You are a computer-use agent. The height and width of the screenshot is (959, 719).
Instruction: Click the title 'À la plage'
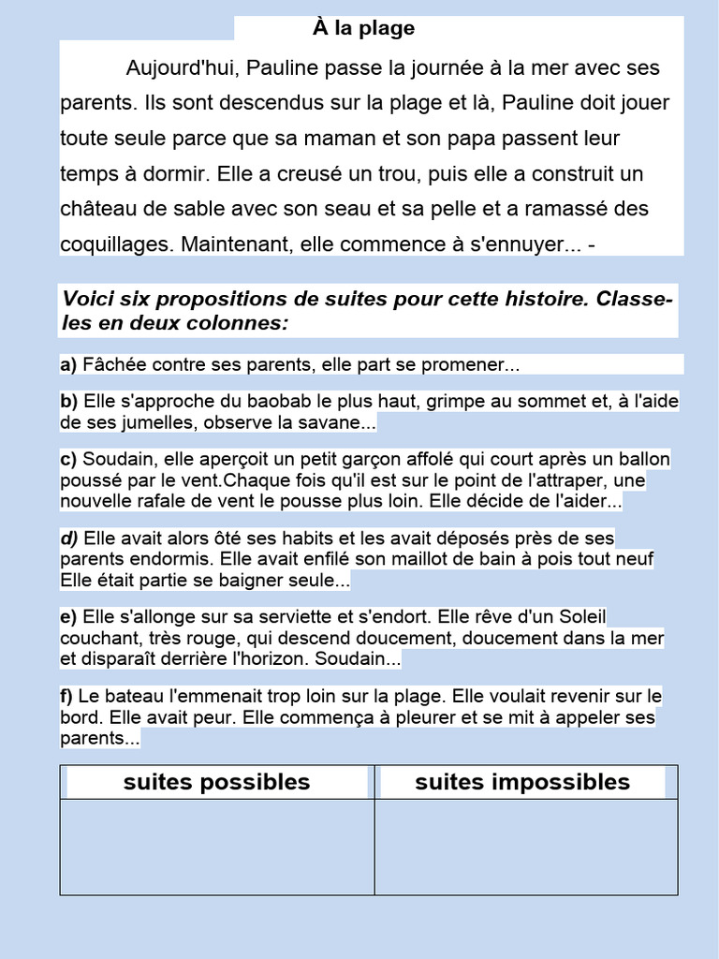pos(363,29)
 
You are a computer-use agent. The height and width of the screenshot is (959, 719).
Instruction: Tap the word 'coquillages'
pos(116,244)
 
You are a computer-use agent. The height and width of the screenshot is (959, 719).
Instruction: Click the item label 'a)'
pos(68,364)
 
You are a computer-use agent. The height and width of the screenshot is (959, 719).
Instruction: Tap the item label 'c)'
pos(68,460)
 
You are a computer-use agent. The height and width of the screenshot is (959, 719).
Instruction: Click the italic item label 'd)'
pos(69,539)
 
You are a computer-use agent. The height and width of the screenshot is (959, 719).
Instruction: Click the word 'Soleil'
pos(580,617)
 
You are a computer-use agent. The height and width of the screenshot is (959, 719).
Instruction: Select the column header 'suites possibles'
pos(216,782)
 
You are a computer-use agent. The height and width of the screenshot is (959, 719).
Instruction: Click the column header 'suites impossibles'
pos(522,782)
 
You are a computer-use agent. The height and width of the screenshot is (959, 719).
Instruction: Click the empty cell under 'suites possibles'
pos(217,847)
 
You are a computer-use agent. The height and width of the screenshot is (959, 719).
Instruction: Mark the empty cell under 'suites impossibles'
pos(526,847)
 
